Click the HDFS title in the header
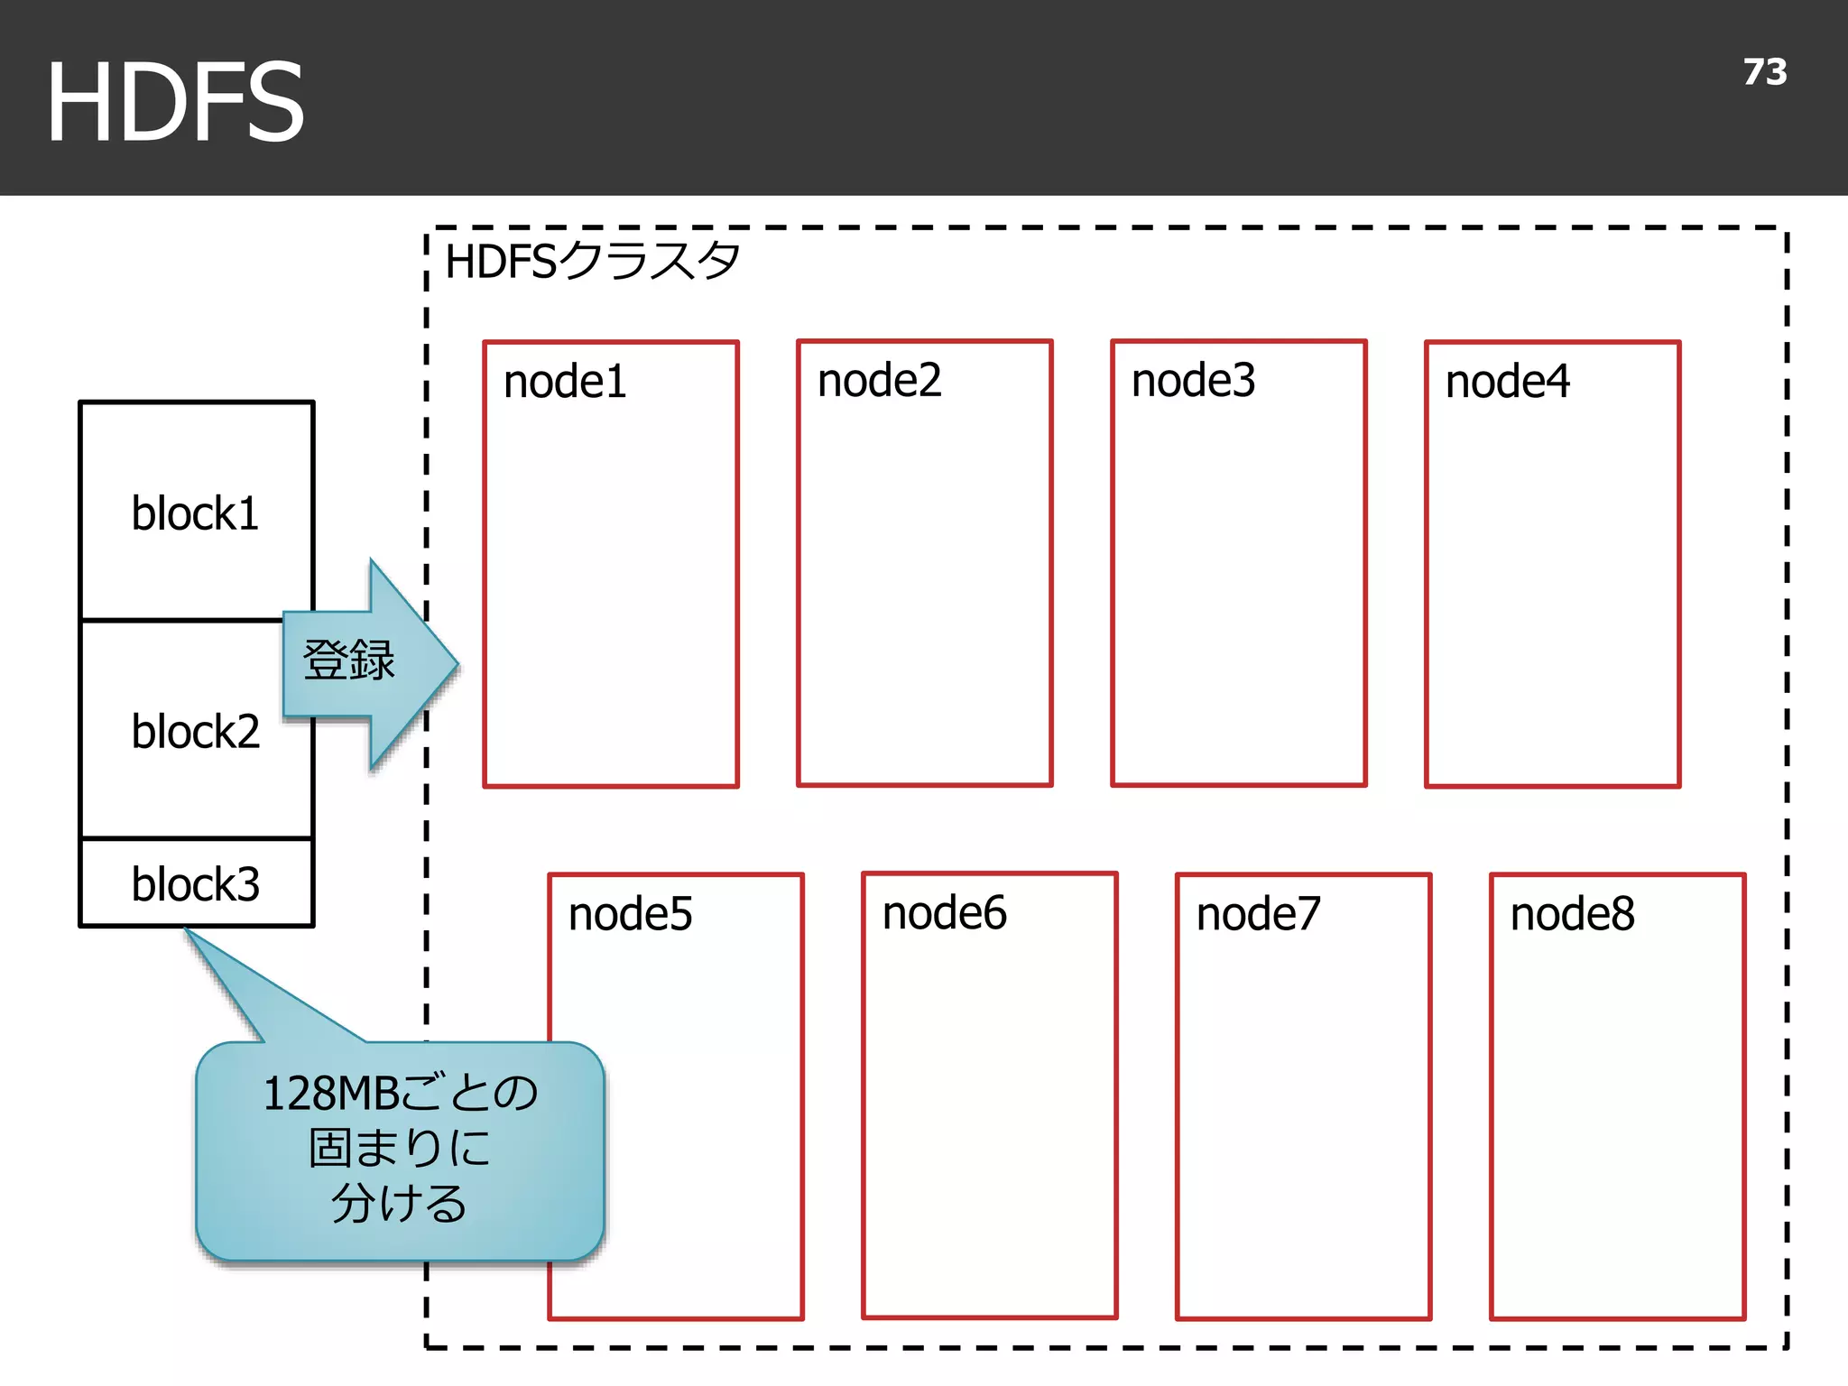[x=175, y=101]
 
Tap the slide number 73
[x=1764, y=72]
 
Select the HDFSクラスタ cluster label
[x=592, y=262]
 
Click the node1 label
[x=565, y=381]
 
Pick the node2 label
[x=879, y=380]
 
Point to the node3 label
[x=1193, y=380]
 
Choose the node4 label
[x=1507, y=381]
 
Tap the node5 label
[x=630, y=913]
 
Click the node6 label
[x=944, y=912]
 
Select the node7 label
[x=1258, y=913]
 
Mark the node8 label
[x=1572, y=913]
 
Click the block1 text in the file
[x=195, y=513]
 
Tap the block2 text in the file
[x=195, y=731]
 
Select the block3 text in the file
[x=195, y=883]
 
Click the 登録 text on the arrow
[x=348, y=660]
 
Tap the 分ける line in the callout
[x=399, y=1202]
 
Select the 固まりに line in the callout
[x=399, y=1148]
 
